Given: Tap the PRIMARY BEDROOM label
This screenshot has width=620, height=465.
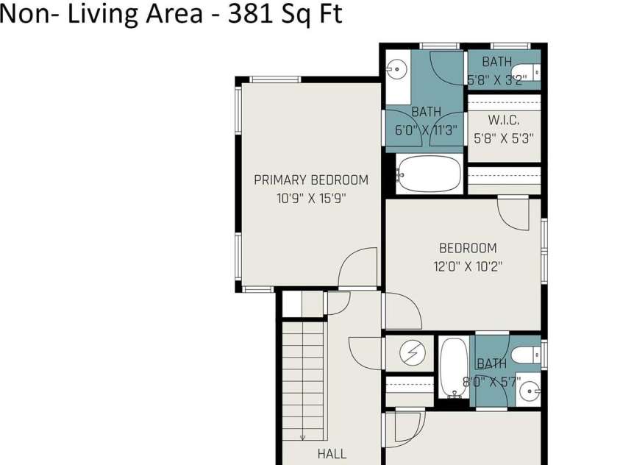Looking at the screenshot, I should [311, 180].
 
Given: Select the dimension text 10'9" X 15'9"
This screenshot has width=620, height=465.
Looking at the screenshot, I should [311, 198].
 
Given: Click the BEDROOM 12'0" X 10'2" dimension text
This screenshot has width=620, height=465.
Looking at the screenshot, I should [468, 266].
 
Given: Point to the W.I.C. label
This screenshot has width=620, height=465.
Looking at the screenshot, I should [504, 120].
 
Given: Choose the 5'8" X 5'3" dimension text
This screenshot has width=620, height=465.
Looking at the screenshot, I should [504, 137].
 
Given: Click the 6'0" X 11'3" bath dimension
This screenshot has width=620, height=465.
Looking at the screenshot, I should [426, 129].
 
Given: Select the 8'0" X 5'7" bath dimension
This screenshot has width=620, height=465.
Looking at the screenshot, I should [491, 381].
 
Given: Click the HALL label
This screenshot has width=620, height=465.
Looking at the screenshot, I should [332, 454].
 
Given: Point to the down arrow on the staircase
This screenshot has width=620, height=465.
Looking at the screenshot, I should [303, 436].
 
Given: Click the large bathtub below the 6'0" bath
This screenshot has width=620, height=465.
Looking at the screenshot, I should [429, 174].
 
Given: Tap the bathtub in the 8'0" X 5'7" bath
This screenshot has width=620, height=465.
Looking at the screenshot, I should [453, 368].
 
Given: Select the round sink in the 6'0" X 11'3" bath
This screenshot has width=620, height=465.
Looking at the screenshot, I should [397, 70].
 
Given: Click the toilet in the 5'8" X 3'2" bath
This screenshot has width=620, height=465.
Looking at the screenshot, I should [525, 72].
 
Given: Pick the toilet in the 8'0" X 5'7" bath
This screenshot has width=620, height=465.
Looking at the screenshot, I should [525, 355].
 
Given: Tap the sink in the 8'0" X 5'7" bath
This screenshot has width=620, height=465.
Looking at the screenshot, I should [529, 390].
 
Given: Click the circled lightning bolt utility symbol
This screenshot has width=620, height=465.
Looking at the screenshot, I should [412, 355].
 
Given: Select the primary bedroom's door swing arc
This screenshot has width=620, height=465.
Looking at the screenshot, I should [358, 267].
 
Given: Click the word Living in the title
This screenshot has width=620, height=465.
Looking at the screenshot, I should [91, 15].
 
